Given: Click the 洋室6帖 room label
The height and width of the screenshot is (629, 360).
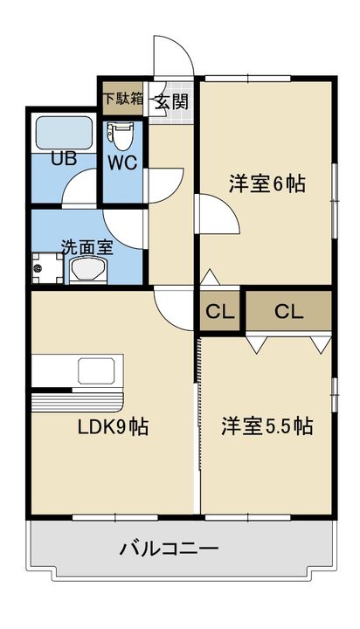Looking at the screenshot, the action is [267, 184].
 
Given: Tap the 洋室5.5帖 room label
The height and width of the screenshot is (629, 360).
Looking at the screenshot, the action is [267, 425].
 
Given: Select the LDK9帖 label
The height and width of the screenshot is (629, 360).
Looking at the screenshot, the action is [113, 427].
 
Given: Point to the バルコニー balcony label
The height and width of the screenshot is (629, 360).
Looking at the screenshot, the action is [169, 548].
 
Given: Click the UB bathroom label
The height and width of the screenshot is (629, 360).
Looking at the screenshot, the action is [64, 159].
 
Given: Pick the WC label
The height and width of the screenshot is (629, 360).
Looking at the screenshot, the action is [122, 162].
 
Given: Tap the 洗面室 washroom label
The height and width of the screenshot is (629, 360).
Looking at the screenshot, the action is [87, 247].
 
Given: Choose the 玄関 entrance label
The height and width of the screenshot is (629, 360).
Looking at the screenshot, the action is [172, 101].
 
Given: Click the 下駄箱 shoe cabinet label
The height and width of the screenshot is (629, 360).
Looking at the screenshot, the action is [123, 98].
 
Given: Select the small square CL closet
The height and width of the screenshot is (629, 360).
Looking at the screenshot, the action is [220, 311].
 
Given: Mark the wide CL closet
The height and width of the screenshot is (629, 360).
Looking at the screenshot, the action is [289, 311].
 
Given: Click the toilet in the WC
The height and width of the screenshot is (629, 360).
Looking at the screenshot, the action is [120, 137].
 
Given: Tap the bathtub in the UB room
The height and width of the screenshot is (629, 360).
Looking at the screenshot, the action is [64, 133].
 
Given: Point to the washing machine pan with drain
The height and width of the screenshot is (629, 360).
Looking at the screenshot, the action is [47, 268].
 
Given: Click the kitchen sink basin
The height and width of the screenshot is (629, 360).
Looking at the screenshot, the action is [96, 371].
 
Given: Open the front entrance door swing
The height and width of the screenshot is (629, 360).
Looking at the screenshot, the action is [173, 56].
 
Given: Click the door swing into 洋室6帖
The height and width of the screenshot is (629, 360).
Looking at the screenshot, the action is [218, 213].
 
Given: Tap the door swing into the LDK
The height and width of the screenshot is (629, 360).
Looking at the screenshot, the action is [174, 310].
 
